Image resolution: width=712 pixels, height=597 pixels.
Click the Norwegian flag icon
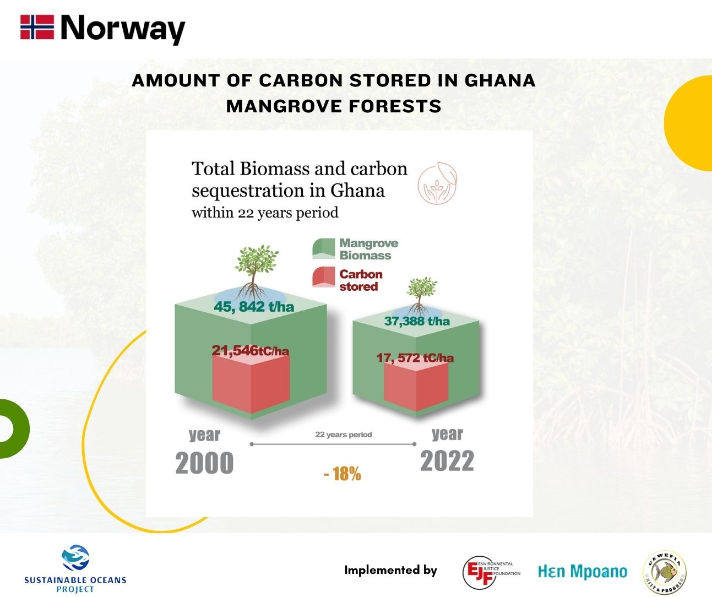(37, 27)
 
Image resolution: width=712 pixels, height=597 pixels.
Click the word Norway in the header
(123, 29)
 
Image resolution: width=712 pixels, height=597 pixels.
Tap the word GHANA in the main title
(500, 80)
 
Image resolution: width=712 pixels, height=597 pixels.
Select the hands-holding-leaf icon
(437, 183)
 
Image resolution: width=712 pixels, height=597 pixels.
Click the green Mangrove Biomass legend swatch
(323, 249)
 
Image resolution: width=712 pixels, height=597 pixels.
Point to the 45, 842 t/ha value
(254, 307)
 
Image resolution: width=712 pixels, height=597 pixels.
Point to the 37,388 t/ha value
(416, 321)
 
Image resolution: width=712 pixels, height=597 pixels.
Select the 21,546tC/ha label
(250, 350)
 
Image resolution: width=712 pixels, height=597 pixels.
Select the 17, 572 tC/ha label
(415, 358)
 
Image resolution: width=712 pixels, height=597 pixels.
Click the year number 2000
(204, 463)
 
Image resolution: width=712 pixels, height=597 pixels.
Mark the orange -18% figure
(343, 474)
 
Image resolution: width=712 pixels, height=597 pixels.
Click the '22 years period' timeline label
(344, 435)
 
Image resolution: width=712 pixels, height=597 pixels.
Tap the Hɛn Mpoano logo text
(582, 572)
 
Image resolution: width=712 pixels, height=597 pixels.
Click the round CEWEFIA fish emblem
(665, 573)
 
